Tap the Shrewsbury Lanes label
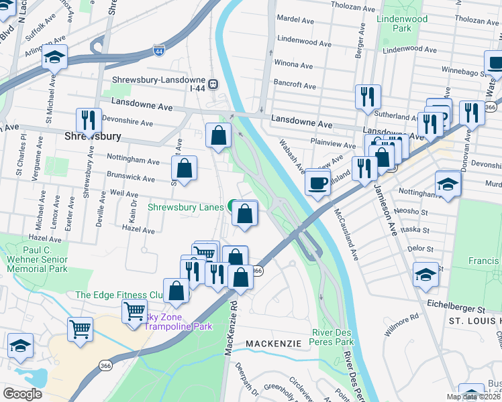point(186,208)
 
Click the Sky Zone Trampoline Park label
point(179,322)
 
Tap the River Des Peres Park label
point(333,338)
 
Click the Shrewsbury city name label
point(93,136)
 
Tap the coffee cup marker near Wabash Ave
point(317,182)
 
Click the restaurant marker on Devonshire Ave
point(89,121)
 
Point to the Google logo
point(22,393)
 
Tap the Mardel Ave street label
point(295,19)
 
